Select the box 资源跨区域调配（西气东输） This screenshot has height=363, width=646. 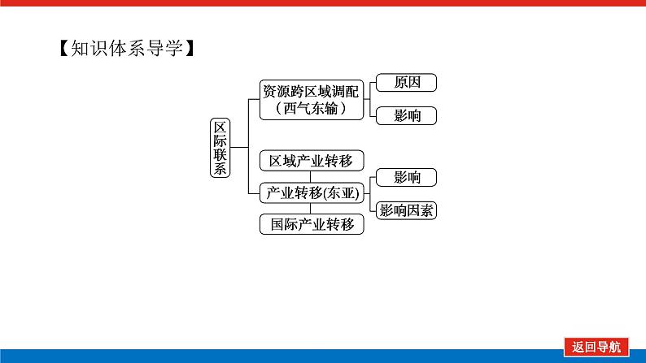pos(310,100)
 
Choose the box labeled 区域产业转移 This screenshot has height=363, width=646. pos(312,160)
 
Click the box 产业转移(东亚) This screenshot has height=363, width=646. pos(312,192)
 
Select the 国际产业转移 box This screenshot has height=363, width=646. pos(312,225)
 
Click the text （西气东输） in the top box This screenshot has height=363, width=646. pos(310,109)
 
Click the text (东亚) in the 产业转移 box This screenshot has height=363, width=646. pos(343,192)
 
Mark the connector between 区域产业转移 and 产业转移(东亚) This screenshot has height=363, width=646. pos(312,176)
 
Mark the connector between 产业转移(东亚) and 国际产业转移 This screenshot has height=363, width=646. pos(312,209)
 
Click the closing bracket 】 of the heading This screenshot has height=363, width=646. pos(188,50)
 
